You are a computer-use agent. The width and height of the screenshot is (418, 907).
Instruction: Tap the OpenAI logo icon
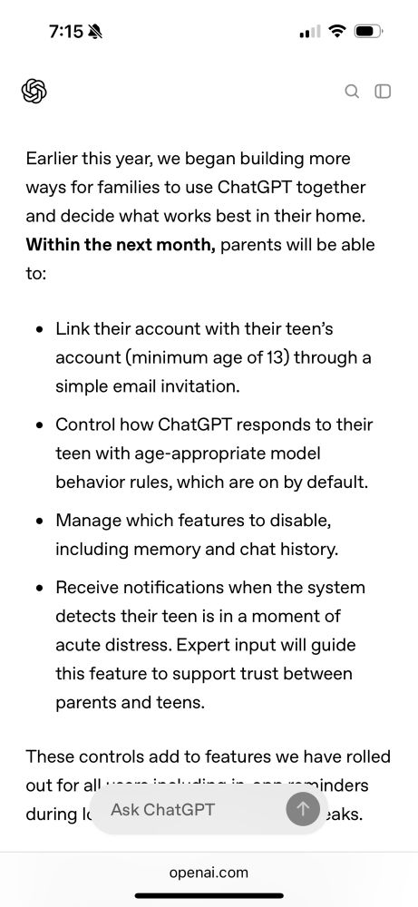[34, 91]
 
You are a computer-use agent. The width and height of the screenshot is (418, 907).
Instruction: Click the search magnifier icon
[352, 91]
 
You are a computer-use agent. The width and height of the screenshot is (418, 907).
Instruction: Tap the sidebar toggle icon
[383, 91]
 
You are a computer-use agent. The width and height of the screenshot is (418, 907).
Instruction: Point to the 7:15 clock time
[65, 32]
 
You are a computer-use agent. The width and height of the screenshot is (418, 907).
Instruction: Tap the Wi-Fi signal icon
[337, 32]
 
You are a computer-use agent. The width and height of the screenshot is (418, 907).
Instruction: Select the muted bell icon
[95, 32]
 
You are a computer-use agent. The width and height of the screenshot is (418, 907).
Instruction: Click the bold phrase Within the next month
[121, 245]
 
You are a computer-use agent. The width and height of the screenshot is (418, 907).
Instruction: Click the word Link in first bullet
[71, 328]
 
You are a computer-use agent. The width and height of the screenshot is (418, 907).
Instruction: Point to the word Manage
[85, 521]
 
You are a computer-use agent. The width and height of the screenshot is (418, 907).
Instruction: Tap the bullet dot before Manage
[39, 522]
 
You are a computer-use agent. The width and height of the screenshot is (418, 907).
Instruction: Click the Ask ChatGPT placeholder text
[162, 809]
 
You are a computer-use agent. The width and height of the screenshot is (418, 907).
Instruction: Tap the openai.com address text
[209, 873]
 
